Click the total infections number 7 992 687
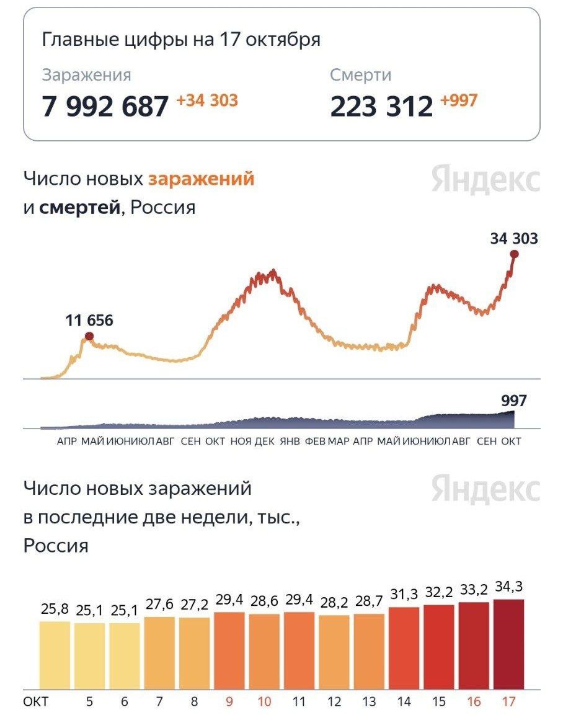point(105,106)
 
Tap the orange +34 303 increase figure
point(207,100)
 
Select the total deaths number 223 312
point(381,106)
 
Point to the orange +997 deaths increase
point(459,100)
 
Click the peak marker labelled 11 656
point(89,336)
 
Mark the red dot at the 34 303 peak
point(515,254)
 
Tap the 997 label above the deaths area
point(514,401)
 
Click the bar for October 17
point(509,644)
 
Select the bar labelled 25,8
point(55,655)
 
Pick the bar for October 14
point(404,647)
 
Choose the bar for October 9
point(229,650)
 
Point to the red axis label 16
point(474,702)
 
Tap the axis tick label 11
point(299,702)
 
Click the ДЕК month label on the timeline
point(265,442)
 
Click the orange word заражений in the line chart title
point(201,179)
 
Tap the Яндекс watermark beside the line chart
point(485,180)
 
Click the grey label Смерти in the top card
point(360,75)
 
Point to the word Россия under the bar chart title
point(56,546)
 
